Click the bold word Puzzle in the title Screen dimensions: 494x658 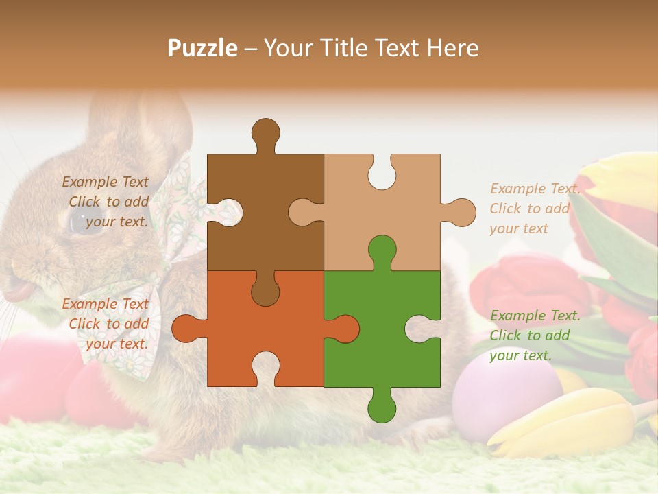tap(203, 48)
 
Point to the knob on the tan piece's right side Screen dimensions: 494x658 tap(460, 212)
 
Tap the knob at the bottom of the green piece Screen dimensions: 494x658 tap(381, 406)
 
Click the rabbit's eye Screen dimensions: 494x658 tap(81, 221)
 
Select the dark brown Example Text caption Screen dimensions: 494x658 tap(106, 202)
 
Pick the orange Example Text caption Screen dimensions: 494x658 tap(106, 324)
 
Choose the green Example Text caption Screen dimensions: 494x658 tap(534, 336)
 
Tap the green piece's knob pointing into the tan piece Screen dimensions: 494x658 tap(381, 251)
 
